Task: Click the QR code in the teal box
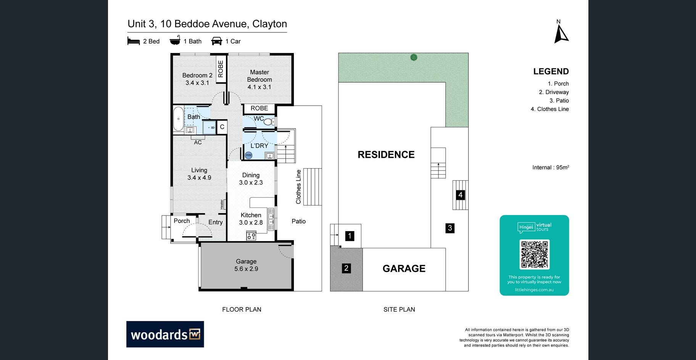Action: coord(534,254)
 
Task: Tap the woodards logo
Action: coord(165,334)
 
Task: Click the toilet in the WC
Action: coord(269,122)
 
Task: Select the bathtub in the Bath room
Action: coord(178,119)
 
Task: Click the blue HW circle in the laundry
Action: coord(248,155)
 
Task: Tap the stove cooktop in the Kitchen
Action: coord(251,236)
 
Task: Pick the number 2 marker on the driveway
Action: coord(346,268)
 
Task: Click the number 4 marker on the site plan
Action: coord(460,195)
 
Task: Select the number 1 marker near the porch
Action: coord(350,236)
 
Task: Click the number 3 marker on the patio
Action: coord(450,228)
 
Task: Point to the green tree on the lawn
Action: coord(414,57)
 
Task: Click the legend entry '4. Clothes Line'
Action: coord(549,109)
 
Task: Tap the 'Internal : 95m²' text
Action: coord(551,167)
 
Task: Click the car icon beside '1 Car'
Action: coord(217,41)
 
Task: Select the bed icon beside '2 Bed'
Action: coord(134,41)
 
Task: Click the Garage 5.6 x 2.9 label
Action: coord(246,265)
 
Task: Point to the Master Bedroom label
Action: coord(259,79)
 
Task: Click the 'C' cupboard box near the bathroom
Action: coord(222,127)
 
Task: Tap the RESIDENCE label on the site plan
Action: coord(386,154)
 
